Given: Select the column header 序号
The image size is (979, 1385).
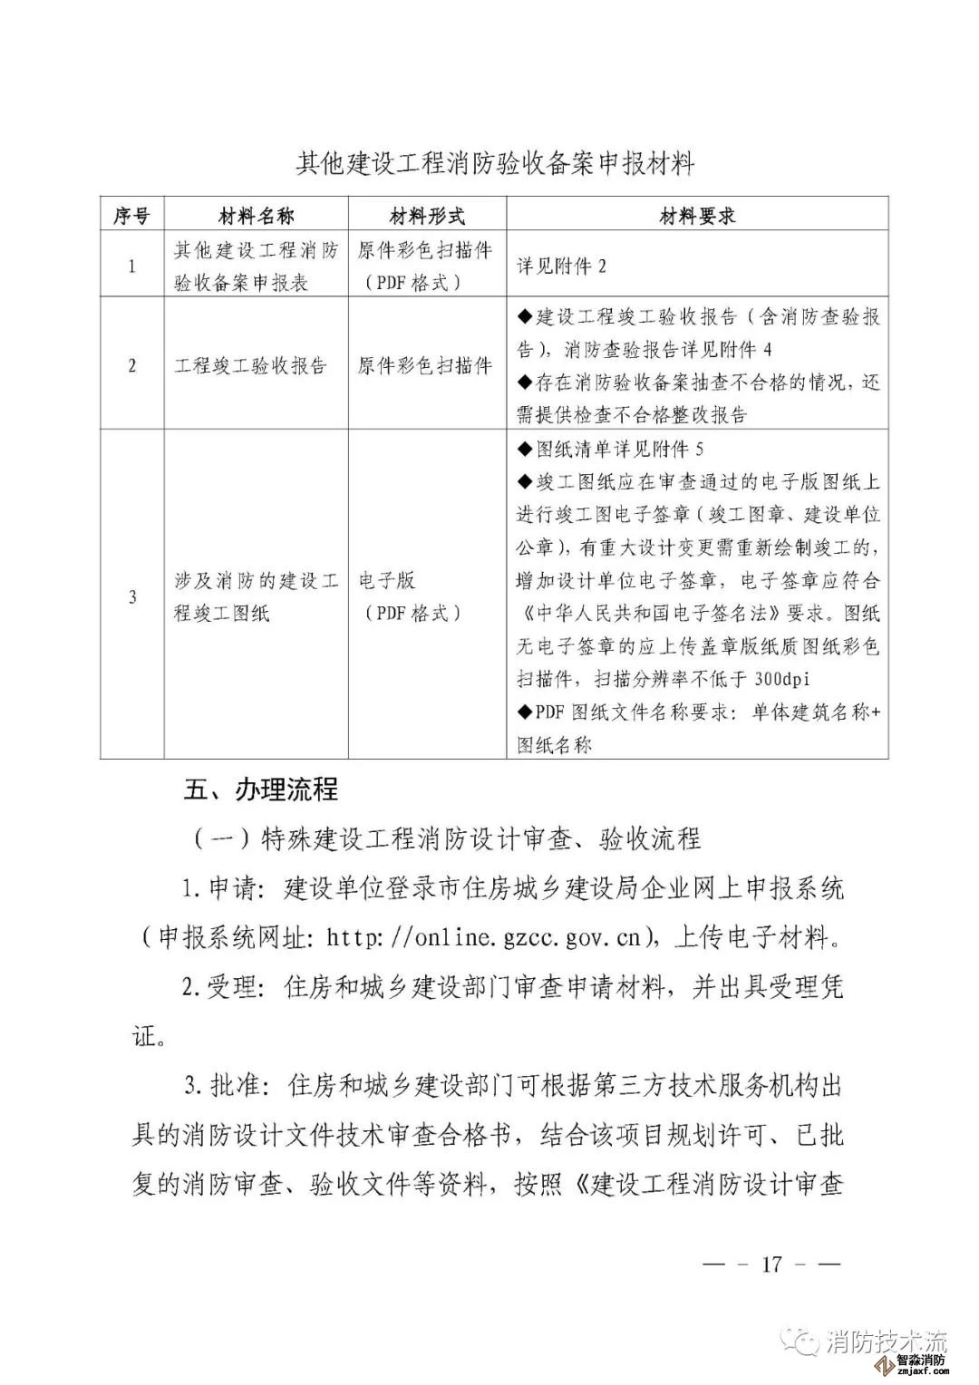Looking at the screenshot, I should (131, 216).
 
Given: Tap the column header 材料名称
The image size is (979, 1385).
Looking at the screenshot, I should (257, 216).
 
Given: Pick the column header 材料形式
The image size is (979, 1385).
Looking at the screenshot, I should (427, 216).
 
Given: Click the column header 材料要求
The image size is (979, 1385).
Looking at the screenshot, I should (697, 216).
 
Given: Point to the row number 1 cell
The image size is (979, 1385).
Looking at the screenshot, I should (131, 266).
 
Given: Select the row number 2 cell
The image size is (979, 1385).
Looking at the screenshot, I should (131, 365).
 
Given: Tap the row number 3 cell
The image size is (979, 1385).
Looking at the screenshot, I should (131, 596).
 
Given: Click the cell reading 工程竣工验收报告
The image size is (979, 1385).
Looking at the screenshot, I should (250, 366).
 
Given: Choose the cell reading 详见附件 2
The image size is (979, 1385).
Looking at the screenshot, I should (561, 266).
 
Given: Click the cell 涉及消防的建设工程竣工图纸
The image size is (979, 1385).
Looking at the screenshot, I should (257, 596).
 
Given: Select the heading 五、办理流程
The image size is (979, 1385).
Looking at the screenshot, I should (260, 789).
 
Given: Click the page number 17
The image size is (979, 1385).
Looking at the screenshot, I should (771, 1264).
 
